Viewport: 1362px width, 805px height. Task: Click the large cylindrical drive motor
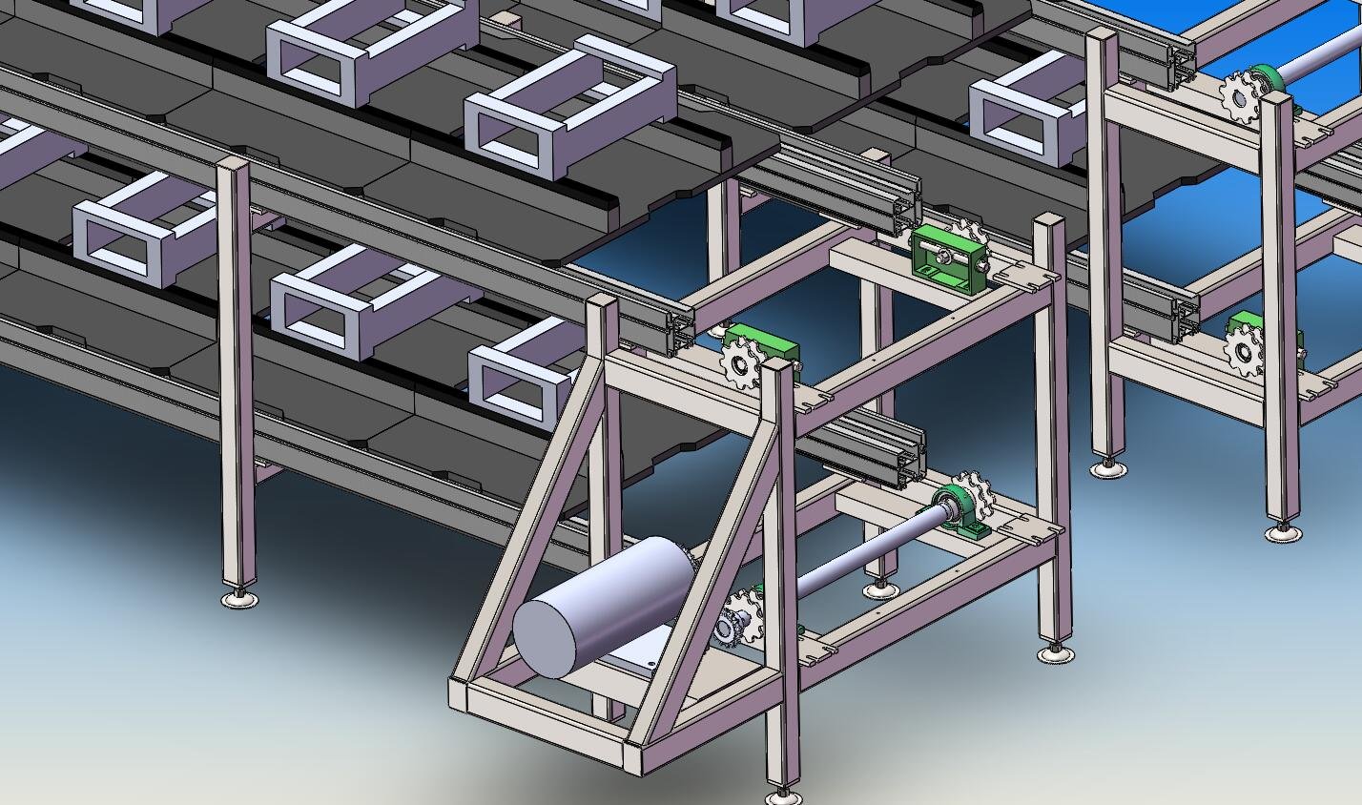[x=610, y=601]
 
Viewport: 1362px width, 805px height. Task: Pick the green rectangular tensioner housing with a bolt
[x=947, y=260]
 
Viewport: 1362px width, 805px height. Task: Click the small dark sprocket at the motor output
[x=730, y=630]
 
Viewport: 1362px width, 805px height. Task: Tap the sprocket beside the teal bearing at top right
[x=1239, y=96]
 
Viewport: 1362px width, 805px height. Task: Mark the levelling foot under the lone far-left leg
[x=238, y=598]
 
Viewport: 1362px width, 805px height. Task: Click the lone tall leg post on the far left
[x=236, y=372]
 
